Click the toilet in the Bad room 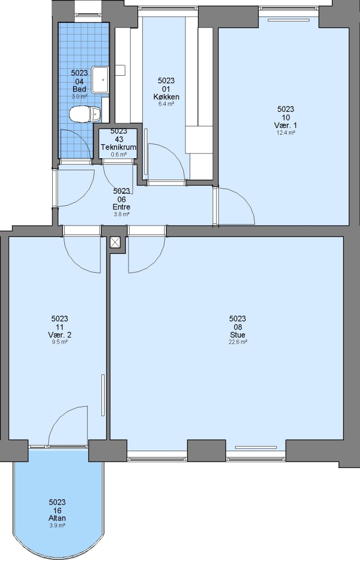(85, 114)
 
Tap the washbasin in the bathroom (100, 79)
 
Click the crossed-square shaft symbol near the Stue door (115, 242)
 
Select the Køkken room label (166, 97)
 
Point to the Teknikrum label (119, 147)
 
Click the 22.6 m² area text (238, 342)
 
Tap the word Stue (238, 335)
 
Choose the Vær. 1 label (285, 125)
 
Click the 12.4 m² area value (286, 133)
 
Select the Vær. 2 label (60, 335)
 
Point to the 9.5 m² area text (60, 342)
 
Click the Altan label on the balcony (57, 519)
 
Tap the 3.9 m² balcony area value (57, 525)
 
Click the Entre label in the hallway (122, 207)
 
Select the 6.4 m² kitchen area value (166, 104)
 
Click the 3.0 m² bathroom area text (79, 97)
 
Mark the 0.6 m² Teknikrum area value (119, 155)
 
